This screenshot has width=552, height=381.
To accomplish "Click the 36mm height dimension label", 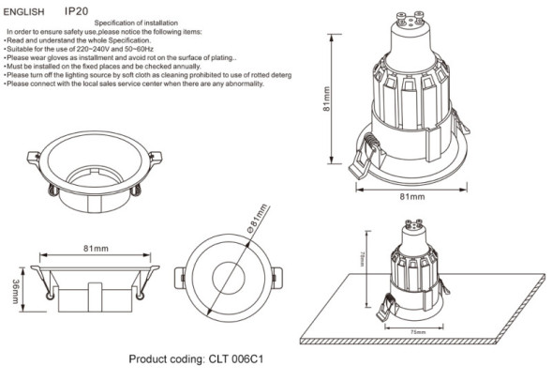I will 16,291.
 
